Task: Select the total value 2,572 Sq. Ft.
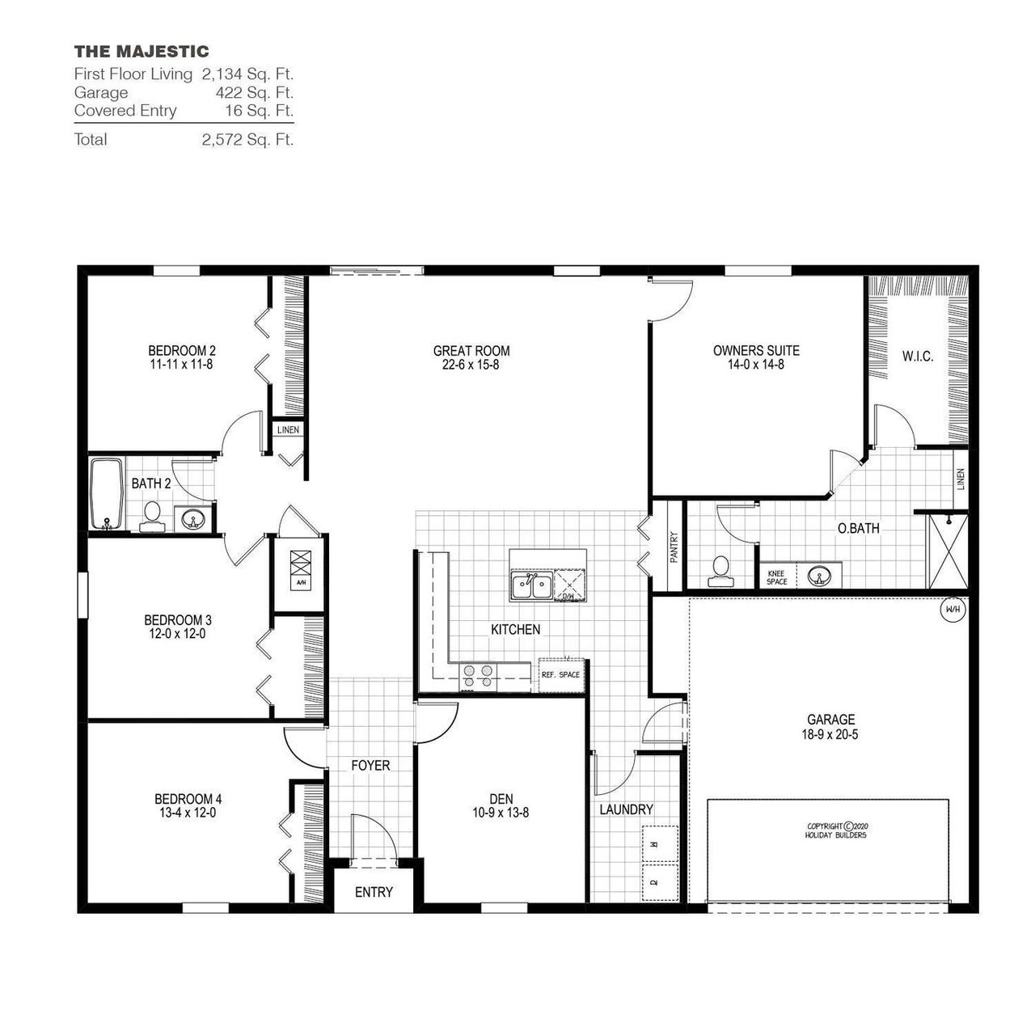(x=247, y=139)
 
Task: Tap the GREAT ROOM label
(x=471, y=351)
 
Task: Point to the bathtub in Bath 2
(x=106, y=494)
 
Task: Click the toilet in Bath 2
(x=152, y=516)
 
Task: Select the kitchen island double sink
(x=530, y=585)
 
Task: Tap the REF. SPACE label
(x=560, y=674)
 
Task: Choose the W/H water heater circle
(x=951, y=610)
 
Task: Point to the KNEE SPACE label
(x=776, y=577)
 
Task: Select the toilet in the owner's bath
(x=718, y=570)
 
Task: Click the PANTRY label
(x=674, y=547)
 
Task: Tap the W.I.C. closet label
(x=917, y=356)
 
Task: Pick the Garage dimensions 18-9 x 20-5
(x=830, y=735)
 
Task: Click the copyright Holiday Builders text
(x=836, y=830)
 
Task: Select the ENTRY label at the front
(x=374, y=892)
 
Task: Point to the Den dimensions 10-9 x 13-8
(x=501, y=813)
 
